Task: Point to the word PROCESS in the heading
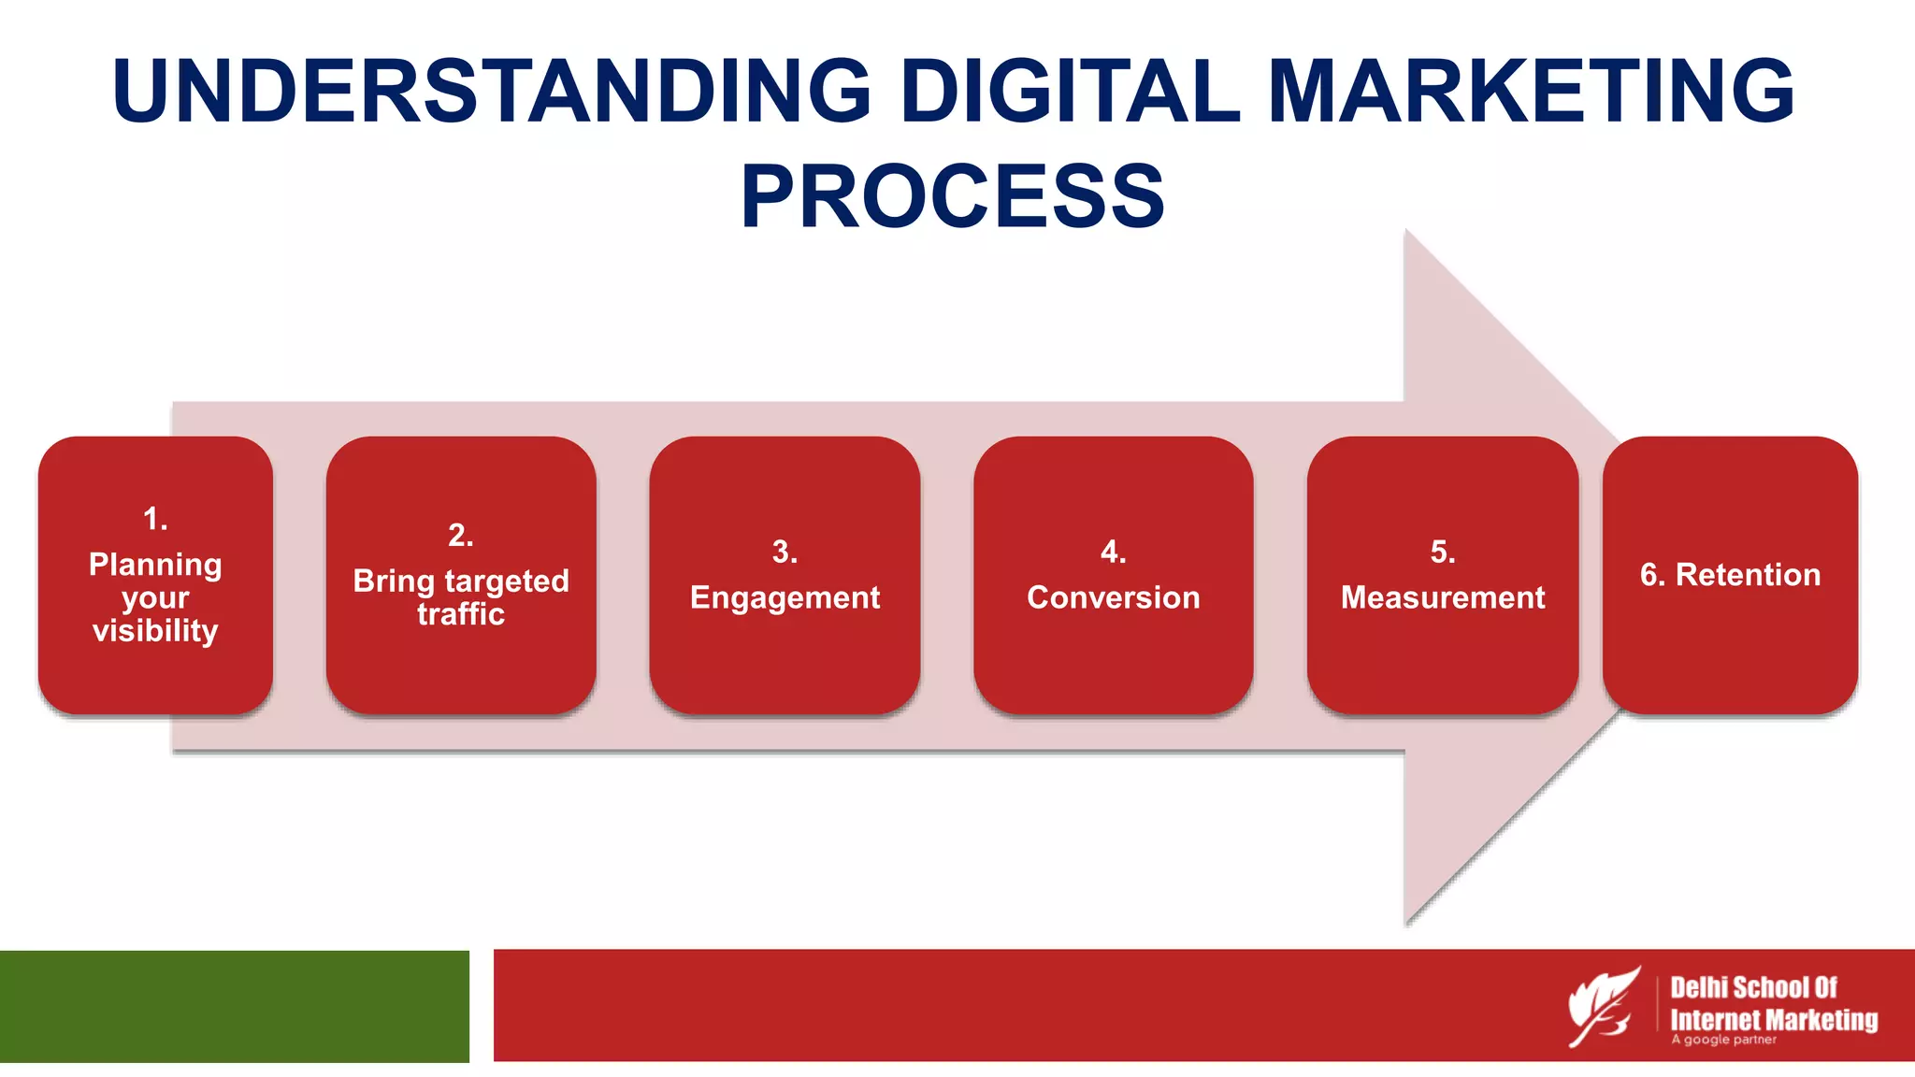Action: click(953, 196)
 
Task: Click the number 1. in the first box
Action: click(155, 519)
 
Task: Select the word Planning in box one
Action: click(155, 565)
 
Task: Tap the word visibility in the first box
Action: click(155, 631)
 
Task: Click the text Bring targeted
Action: click(461, 582)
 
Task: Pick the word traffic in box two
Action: click(461, 614)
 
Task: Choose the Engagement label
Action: click(785, 597)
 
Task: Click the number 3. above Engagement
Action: click(785, 552)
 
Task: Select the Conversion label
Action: click(1113, 597)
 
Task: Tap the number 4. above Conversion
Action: click(1113, 552)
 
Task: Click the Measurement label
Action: click(1443, 597)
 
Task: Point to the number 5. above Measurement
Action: click(1443, 552)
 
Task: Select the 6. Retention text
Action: click(1730, 574)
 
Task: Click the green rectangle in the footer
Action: click(234, 1006)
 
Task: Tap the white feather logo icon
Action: click(1604, 1006)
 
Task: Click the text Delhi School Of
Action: click(1753, 987)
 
